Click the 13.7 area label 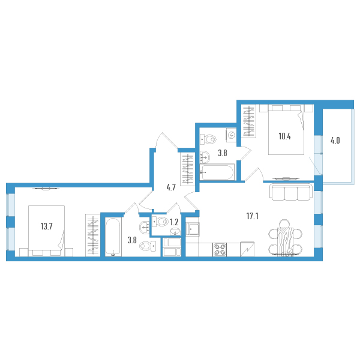click(46, 226)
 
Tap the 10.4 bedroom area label click(284, 136)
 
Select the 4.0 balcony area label click(335, 141)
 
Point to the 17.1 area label click(253, 216)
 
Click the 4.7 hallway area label click(171, 187)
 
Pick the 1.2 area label click(174, 222)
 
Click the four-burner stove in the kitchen click(220, 249)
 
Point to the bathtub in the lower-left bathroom click(113, 237)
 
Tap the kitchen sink click(193, 229)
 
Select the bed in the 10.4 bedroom click(286, 130)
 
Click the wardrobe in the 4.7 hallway click(188, 169)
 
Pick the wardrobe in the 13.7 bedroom click(93, 235)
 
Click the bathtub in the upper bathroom click(217, 172)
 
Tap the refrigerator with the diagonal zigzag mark click(247, 249)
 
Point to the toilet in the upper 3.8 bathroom click(208, 139)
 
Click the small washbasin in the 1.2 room click(175, 232)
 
